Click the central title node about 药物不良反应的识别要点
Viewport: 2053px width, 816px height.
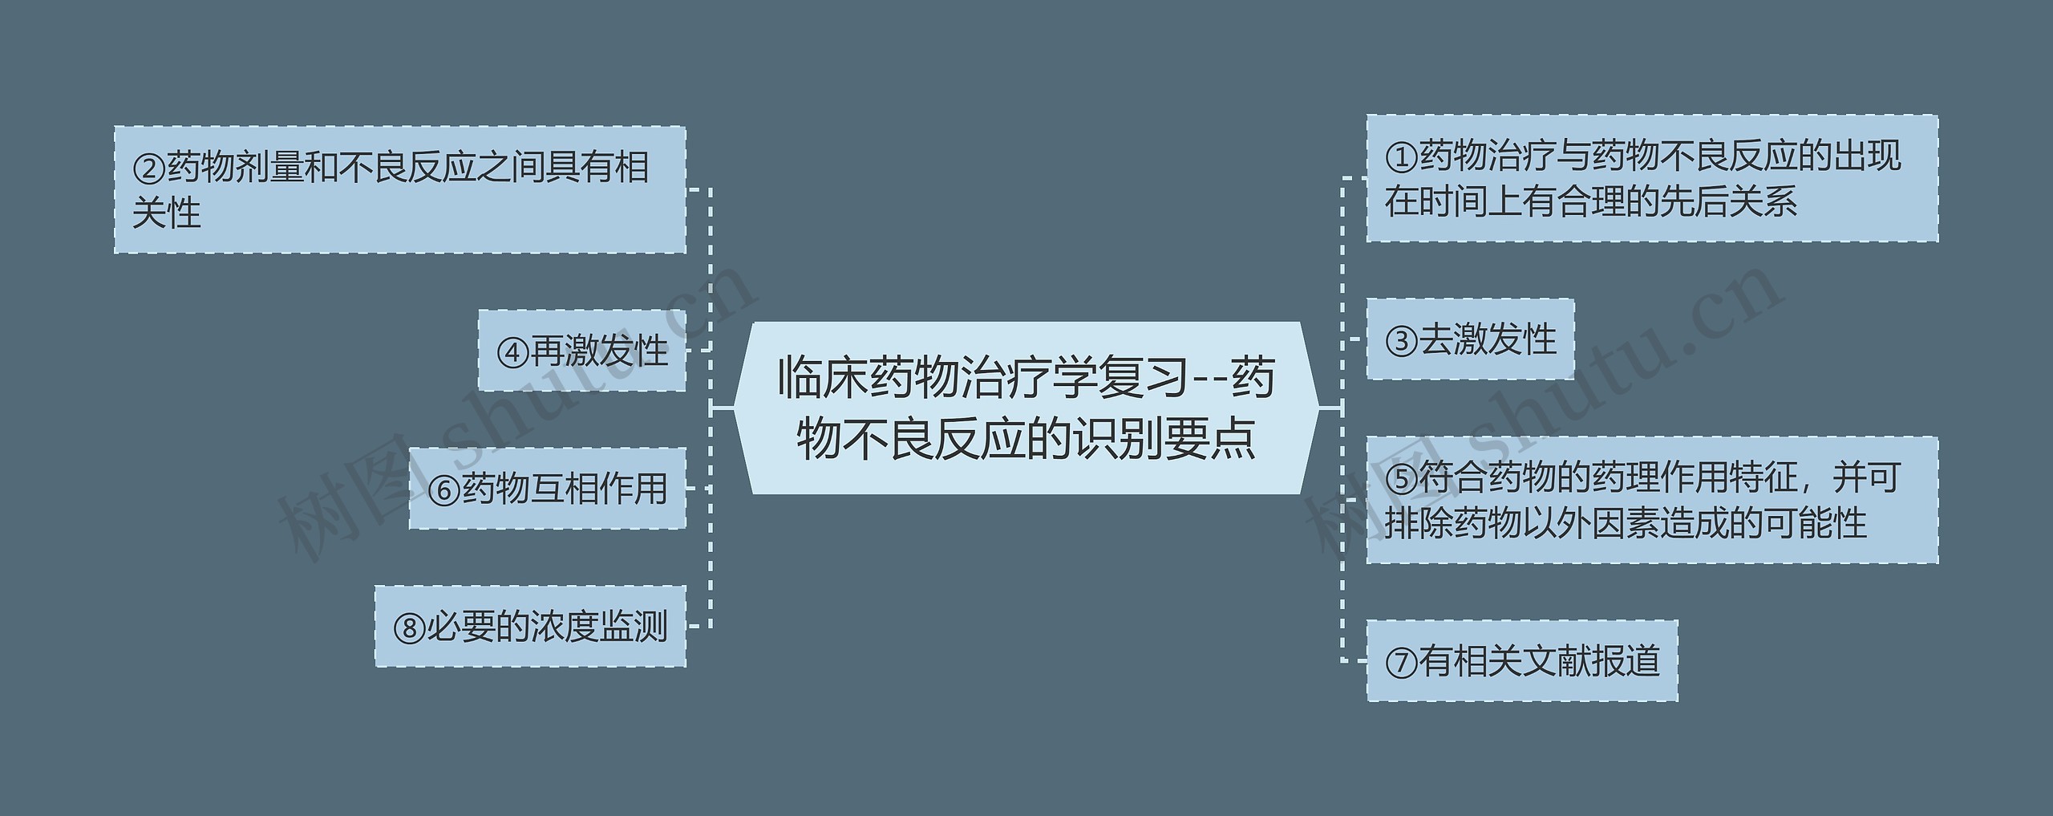(1026, 408)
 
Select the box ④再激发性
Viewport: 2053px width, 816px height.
(582, 351)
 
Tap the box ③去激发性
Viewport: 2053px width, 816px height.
(1470, 339)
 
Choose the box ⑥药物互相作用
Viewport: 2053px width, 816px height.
(548, 488)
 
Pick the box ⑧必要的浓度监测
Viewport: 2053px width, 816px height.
(530, 626)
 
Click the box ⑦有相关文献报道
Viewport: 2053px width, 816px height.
(1521, 660)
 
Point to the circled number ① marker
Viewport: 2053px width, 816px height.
(1401, 158)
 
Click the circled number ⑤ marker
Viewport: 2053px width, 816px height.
(1401, 480)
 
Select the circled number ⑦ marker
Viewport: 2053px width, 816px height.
(1401, 663)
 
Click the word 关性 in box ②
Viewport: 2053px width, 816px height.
(166, 213)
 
